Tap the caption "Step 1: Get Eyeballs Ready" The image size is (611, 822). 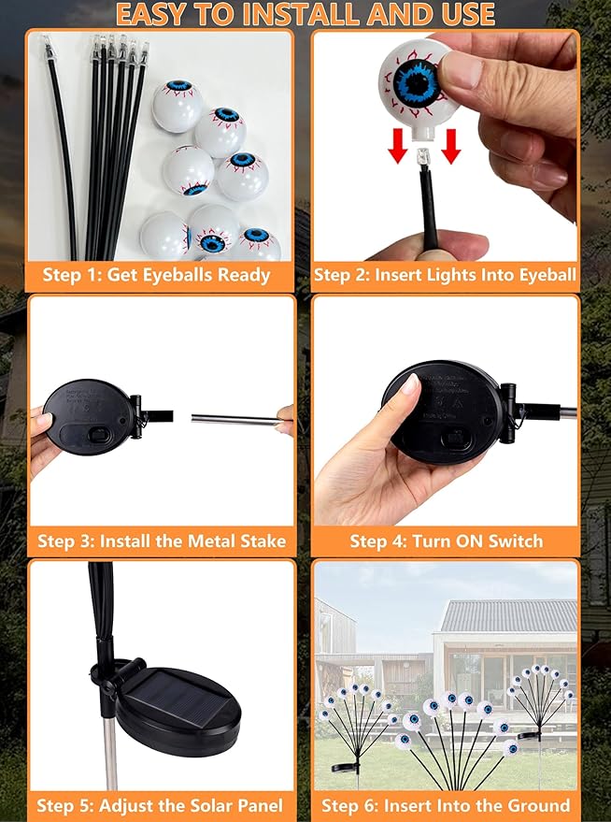[x=156, y=275]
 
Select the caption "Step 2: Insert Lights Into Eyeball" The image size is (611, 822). [x=445, y=275]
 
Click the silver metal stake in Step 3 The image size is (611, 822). [x=234, y=420]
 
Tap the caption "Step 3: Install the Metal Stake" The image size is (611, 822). [x=162, y=541]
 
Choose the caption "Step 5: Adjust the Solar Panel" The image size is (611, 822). [x=160, y=805]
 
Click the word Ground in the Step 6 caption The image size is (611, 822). [x=537, y=805]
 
